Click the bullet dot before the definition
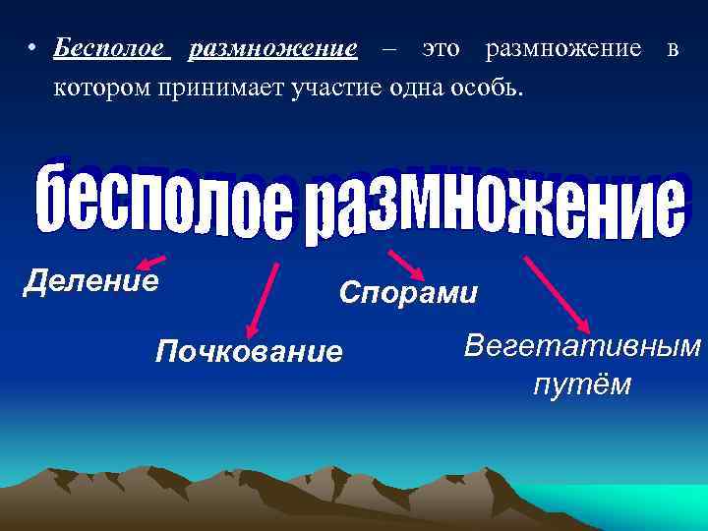[33, 50]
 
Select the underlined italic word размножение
[272, 48]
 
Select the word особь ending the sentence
[495, 88]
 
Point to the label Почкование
[250, 351]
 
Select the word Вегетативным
[583, 346]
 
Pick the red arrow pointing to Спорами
[405, 265]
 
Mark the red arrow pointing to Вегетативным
[557, 294]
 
